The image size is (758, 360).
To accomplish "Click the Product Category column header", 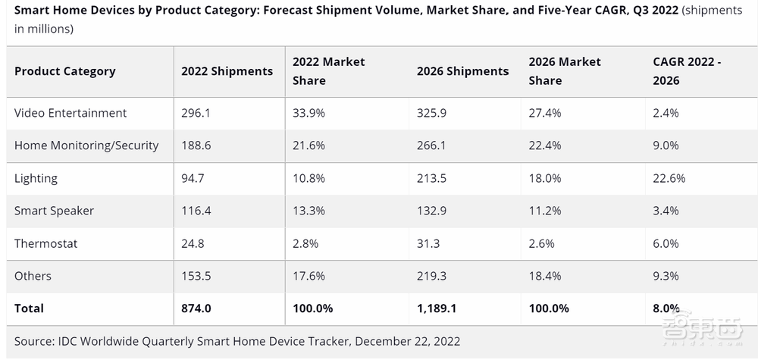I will (64, 71).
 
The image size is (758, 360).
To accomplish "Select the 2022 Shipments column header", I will (227, 71).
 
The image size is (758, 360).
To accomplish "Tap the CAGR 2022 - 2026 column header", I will (687, 71).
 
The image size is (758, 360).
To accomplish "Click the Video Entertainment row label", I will (70, 113).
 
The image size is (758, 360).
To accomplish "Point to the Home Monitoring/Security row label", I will (86, 146).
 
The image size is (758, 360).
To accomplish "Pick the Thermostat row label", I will (45, 243).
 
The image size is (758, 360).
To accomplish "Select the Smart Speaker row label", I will (54, 211).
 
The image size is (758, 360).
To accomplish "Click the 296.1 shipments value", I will (195, 113).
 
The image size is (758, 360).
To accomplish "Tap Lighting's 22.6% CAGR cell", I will (669, 178).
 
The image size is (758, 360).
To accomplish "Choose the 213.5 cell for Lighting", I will (431, 178).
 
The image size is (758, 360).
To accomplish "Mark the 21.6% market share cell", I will (309, 146).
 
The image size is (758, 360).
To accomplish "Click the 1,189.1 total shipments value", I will (436, 308).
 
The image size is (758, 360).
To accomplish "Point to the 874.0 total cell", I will (197, 308).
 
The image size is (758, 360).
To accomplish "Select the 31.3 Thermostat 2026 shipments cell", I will (428, 243).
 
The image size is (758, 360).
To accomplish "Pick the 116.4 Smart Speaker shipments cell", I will (195, 211).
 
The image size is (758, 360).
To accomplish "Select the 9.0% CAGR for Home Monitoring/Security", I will (666, 146).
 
